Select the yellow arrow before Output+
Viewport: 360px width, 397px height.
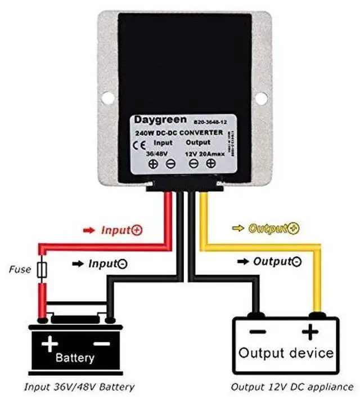click(238, 228)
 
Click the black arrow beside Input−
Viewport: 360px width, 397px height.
click(79, 263)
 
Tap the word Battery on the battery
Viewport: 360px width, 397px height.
click(75, 358)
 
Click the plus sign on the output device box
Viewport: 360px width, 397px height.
click(309, 332)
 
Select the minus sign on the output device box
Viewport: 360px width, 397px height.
click(258, 332)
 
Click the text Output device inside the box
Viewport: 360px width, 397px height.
click(286, 353)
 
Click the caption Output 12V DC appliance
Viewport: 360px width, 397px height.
click(292, 387)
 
